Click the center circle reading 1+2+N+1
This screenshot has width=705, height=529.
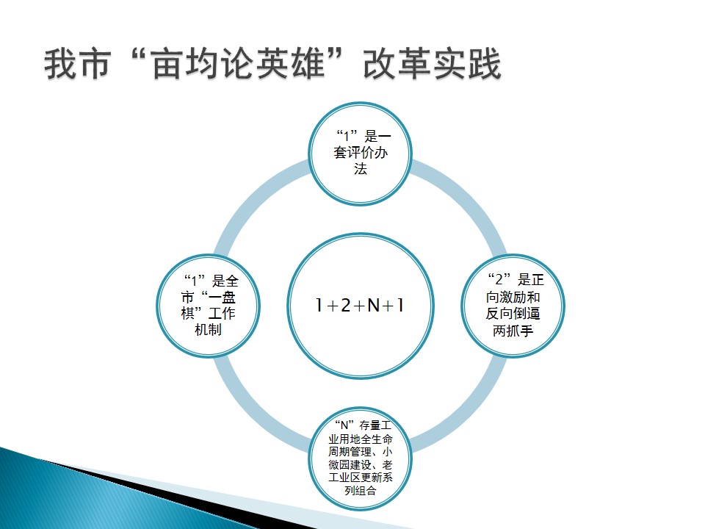point(360,306)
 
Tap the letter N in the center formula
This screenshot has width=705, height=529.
point(374,306)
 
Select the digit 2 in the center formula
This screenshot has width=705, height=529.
point(345,306)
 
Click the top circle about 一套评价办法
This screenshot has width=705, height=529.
point(360,154)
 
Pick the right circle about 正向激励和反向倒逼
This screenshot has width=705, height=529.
point(513,306)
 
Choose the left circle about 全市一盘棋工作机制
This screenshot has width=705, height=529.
point(208,306)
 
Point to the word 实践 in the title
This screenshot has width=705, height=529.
point(467,64)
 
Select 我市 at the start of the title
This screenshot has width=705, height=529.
point(78,64)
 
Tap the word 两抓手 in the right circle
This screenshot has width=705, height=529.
point(513,331)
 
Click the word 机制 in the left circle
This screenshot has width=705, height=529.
point(208,330)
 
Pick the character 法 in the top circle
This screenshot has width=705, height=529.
point(360,169)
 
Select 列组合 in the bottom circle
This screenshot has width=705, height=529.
point(360,490)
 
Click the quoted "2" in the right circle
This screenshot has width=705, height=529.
point(499,279)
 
